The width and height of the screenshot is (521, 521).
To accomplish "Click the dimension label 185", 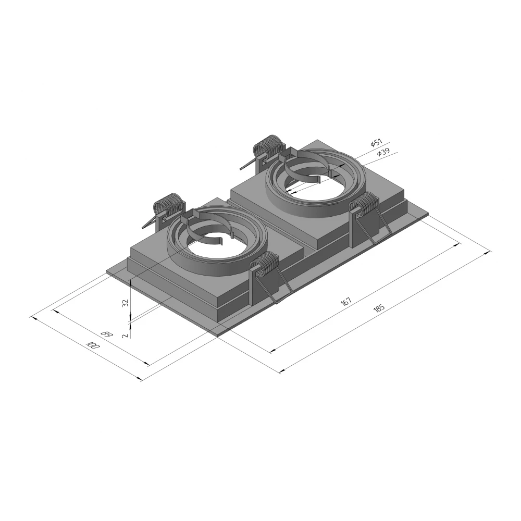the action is pos(379,308).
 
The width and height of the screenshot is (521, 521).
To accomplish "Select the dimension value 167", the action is pos(346,302).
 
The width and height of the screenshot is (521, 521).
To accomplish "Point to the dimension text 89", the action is pos(107,333).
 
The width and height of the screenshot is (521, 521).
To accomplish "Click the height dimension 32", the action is pos(125,303).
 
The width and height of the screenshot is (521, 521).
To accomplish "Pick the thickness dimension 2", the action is pos(125,336).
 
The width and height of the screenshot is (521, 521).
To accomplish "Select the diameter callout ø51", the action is pos(377,143).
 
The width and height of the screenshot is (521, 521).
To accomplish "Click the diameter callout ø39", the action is pos(383,153).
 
